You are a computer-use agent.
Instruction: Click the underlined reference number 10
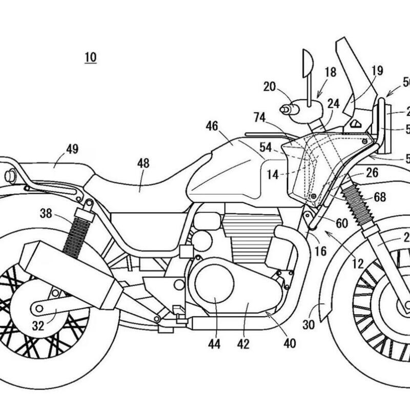(x=91, y=56)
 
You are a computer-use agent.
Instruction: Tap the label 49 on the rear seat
(x=72, y=149)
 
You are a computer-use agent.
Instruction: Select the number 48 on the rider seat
(x=143, y=163)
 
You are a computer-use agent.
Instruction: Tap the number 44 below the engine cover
(x=214, y=344)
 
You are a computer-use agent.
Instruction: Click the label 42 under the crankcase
(x=243, y=344)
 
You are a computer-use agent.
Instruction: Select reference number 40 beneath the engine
(x=290, y=343)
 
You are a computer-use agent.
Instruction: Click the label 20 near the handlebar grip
(x=270, y=87)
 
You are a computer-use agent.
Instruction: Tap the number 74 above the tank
(x=259, y=118)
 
